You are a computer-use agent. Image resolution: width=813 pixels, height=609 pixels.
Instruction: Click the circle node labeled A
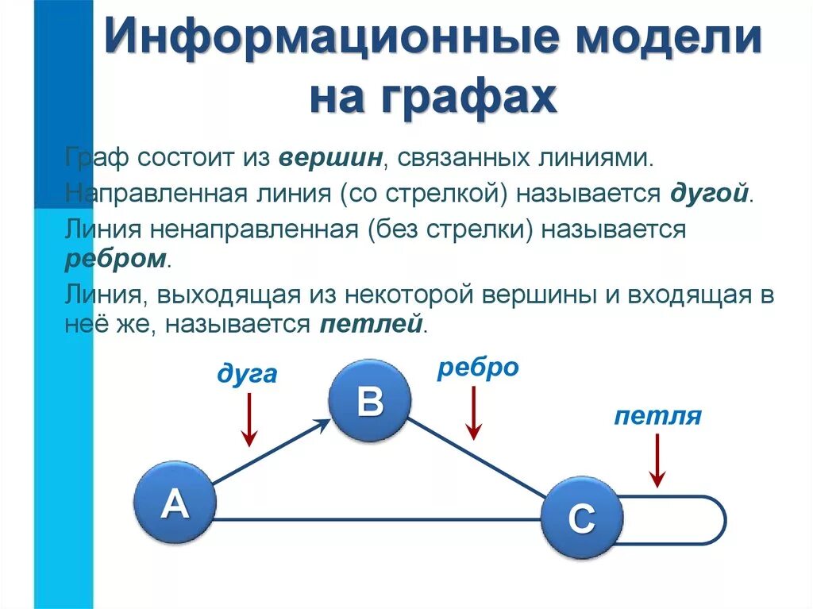tap(175, 503)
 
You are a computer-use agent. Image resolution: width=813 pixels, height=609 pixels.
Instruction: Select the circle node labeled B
tap(370, 401)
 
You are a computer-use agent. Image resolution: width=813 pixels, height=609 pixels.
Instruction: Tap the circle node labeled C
tap(582, 518)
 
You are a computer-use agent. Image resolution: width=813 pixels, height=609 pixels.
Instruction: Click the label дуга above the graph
tap(247, 373)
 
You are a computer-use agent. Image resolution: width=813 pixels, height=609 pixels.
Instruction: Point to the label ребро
tap(478, 367)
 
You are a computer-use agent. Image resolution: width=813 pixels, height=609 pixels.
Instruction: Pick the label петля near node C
tap(657, 416)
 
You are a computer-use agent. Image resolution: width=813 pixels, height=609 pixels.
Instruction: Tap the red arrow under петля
tap(657, 461)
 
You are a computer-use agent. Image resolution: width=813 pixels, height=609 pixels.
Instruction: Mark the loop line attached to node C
tap(721, 520)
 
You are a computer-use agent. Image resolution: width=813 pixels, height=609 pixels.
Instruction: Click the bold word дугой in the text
tap(710, 194)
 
